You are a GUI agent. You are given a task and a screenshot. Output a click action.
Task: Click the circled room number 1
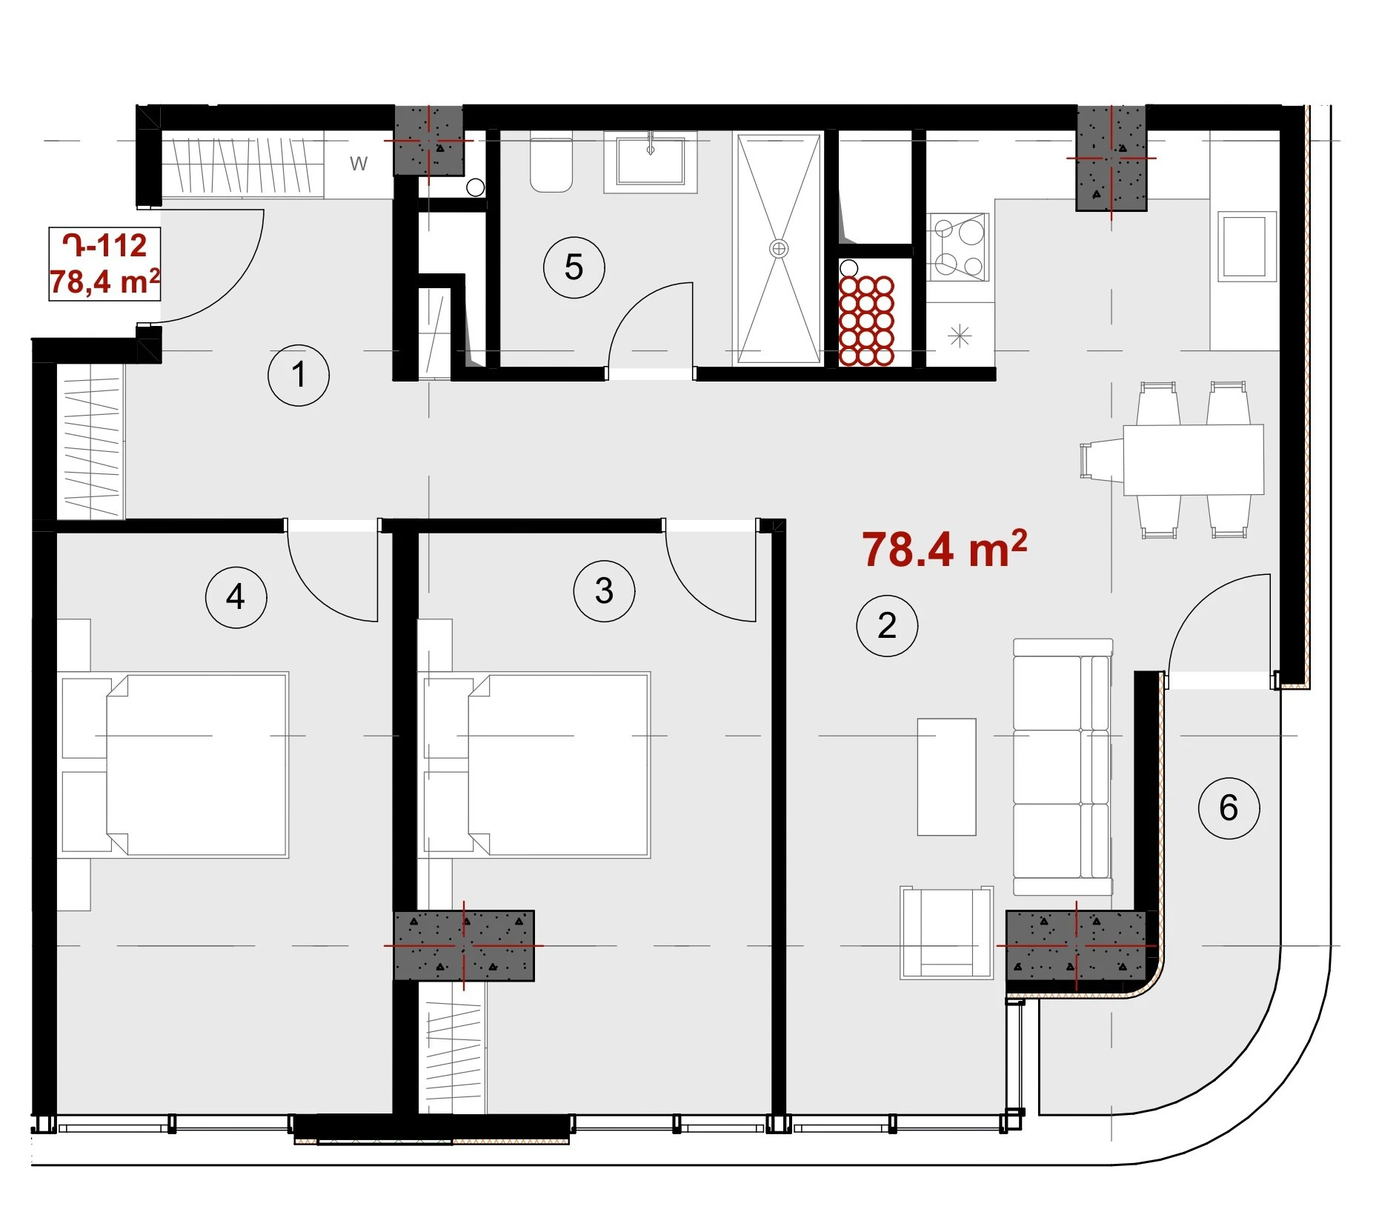tap(298, 375)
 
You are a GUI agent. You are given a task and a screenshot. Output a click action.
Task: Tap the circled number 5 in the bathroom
tap(574, 267)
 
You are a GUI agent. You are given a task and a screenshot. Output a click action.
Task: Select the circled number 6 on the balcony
tap(1229, 808)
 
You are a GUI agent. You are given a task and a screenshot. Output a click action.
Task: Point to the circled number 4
tap(236, 597)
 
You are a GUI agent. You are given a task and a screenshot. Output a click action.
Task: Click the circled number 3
tap(604, 591)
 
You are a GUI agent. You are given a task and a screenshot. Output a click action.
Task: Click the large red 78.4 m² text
tap(945, 549)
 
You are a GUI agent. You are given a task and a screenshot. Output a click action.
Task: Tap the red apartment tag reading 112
tap(104, 246)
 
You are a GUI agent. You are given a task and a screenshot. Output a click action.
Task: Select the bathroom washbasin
tap(651, 162)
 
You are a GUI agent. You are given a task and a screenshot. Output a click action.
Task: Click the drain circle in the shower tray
tap(779, 249)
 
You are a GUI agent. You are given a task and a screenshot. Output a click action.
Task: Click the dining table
tap(1193, 459)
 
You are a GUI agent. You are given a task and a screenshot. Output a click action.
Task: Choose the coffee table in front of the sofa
tap(946, 776)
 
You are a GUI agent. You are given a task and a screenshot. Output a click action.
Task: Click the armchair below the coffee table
tap(946, 933)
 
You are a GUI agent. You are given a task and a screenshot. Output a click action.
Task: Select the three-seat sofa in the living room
tap(1063, 767)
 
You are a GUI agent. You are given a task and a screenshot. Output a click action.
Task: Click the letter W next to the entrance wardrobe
tap(359, 164)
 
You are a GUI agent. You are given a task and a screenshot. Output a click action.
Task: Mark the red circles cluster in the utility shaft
tap(866, 320)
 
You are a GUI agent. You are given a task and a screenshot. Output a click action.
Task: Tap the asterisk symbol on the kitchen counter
tap(960, 336)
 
